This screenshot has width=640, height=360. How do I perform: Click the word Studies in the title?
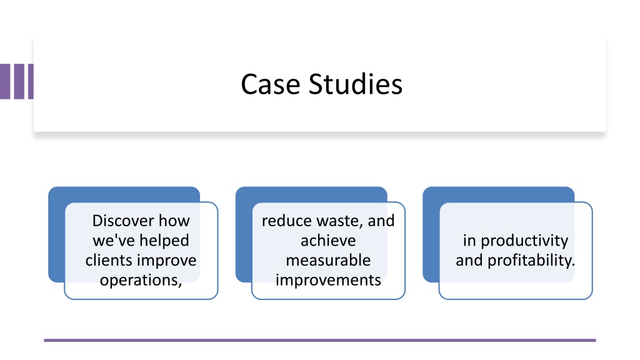[356, 84]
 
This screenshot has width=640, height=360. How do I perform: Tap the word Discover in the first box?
[123, 221]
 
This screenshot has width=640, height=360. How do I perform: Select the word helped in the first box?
[165, 241]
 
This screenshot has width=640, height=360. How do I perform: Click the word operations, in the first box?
[141, 281]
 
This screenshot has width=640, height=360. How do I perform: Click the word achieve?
[328, 241]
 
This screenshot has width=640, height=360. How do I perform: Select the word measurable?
[328, 261]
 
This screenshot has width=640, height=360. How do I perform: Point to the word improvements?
[328, 281]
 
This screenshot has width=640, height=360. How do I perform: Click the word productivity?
[524, 241]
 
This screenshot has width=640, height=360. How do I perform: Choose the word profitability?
[531, 261]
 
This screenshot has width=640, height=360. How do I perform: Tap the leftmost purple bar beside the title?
[5, 81]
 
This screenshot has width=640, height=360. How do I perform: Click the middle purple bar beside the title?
[19, 81]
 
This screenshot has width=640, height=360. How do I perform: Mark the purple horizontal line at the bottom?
[320, 340]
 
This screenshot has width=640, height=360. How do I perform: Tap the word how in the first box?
[174, 221]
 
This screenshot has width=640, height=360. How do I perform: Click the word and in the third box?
[469, 261]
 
